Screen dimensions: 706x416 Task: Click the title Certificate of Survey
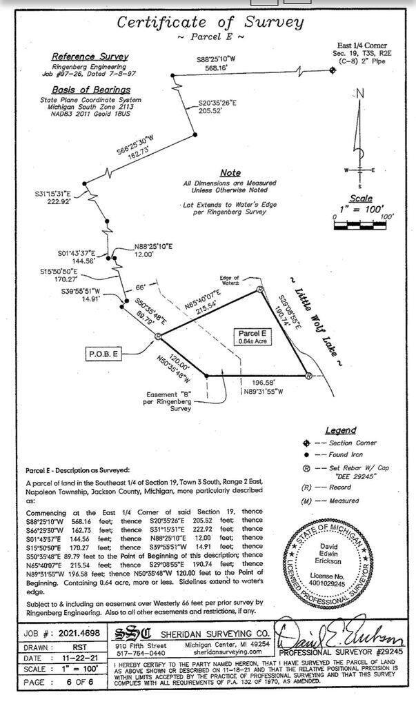click(210, 21)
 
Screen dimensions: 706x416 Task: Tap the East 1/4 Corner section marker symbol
click(333, 69)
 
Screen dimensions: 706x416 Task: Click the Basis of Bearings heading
click(91, 90)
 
